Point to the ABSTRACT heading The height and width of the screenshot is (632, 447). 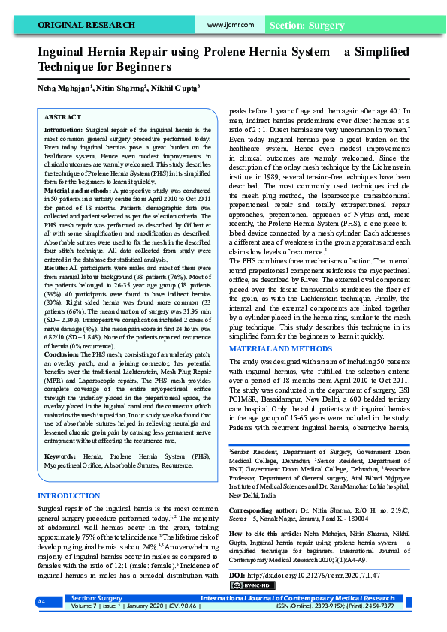[x=62, y=118]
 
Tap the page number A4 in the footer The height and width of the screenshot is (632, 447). [x=42, y=623]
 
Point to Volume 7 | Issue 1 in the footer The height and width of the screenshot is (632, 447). [x=98, y=627]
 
